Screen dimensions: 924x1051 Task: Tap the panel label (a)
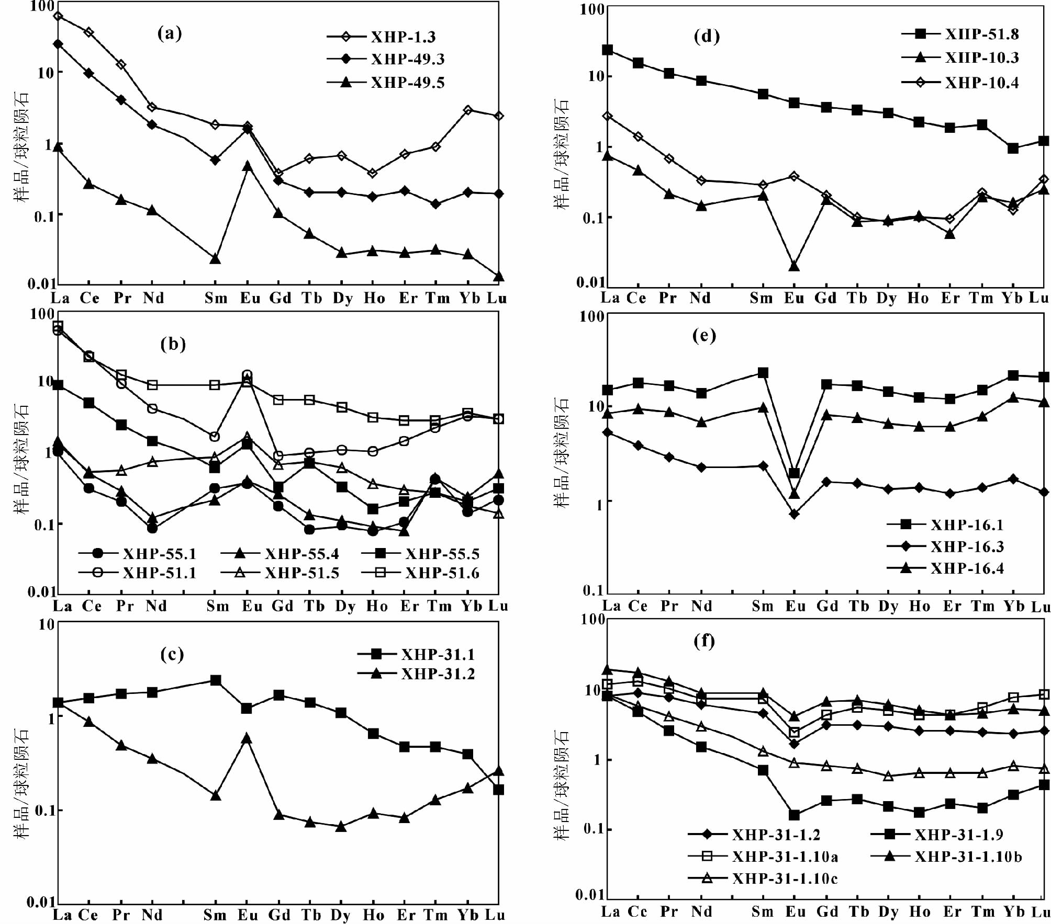tap(170, 33)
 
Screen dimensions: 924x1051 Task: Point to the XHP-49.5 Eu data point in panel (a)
tap(247, 166)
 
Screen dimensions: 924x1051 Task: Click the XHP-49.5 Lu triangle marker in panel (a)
tap(498, 276)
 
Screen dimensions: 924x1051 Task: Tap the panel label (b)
tap(173, 344)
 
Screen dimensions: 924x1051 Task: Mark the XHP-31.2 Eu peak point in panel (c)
tap(247, 738)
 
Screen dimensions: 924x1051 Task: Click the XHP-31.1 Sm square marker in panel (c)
tap(215, 680)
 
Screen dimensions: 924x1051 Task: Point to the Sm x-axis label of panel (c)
tap(215, 915)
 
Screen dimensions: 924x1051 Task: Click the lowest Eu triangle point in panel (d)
tap(794, 266)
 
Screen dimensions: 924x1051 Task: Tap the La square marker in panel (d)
tap(607, 50)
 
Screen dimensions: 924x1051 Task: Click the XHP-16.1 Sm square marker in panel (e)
tap(763, 373)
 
